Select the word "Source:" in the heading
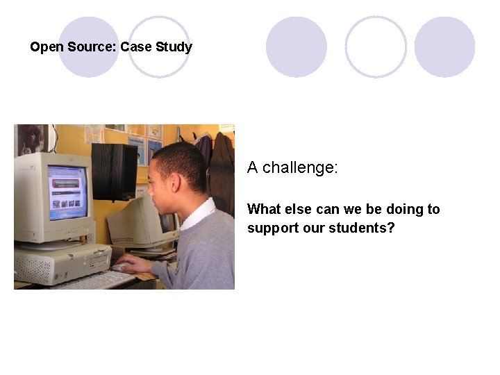92,48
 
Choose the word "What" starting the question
263,209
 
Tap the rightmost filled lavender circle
444,47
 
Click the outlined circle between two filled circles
376,47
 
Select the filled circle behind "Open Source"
88,47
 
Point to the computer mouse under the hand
122,267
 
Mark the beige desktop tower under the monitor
62,265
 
